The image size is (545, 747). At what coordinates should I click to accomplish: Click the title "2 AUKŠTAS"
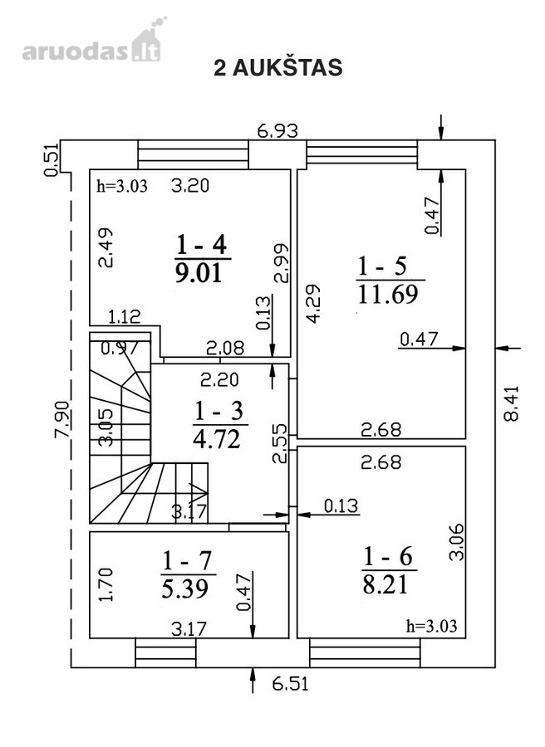(x=278, y=67)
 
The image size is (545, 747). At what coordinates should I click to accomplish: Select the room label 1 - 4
(x=202, y=245)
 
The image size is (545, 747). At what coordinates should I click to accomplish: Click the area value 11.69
(x=388, y=294)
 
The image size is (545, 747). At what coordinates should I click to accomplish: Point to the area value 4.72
(x=217, y=438)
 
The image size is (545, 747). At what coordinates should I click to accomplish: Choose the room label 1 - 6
(x=388, y=556)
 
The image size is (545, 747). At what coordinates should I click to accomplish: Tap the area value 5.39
(x=185, y=588)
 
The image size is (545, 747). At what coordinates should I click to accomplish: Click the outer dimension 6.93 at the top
(x=277, y=130)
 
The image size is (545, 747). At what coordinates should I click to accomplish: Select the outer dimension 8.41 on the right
(x=511, y=403)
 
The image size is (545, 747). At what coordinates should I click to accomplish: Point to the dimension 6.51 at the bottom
(x=291, y=684)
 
